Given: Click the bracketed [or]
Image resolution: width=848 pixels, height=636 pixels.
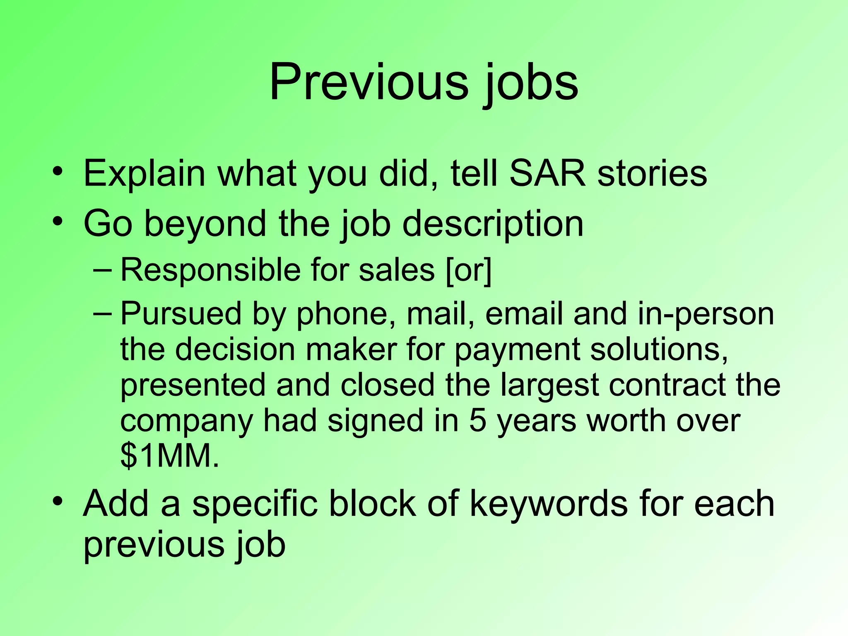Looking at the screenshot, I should (x=469, y=270).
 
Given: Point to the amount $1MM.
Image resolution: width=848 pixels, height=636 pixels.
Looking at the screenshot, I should (x=169, y=456).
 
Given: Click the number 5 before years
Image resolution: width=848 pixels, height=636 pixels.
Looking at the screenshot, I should (x=477, y=421).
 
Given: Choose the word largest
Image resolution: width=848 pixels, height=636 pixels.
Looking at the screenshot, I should (x=549, y=385).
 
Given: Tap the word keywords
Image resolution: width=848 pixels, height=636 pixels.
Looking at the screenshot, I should (x=549, y=503).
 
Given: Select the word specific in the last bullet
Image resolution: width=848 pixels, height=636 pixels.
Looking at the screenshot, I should (x=255, y=503).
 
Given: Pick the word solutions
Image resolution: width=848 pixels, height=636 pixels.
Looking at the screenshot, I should (x=658, y=349).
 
